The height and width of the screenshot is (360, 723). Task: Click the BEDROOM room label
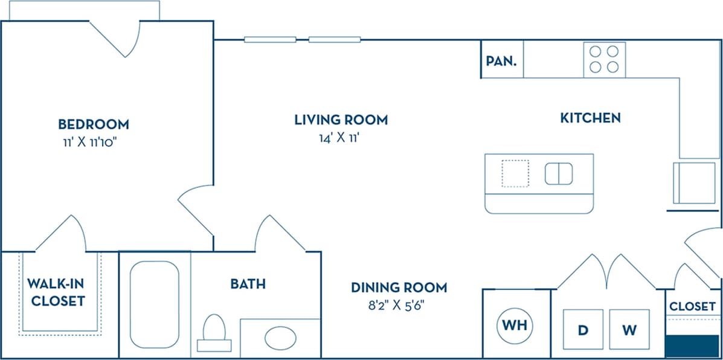click(93, 124)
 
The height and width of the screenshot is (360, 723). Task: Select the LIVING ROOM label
click(341, 120)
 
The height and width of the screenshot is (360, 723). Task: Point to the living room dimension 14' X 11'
click(341, 138)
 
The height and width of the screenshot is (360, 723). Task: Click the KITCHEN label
click(590, 118)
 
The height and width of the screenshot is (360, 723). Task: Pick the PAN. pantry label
click(501, 61)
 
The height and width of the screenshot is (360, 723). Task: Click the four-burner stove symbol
click(604, 59)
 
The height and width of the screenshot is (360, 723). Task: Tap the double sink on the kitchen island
click(559, 174)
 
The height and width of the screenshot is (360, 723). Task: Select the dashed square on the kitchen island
click(515, 173)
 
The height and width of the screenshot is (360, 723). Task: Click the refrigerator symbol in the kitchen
click(695, 182)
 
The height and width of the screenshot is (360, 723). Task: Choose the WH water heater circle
click(515, 326)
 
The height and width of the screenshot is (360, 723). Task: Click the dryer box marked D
click(583, 330)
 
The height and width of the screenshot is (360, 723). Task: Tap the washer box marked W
click(629, 330)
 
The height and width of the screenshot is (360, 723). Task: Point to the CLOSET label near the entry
click(692, 306)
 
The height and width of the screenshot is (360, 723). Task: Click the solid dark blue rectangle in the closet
click(692, 346)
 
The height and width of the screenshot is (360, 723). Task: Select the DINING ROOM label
click(399, 287)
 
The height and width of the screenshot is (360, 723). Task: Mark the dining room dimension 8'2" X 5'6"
click(399, 304)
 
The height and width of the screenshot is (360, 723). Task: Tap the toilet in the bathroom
click(214, 332)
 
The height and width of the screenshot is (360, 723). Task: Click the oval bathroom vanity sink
click(280, 338)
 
